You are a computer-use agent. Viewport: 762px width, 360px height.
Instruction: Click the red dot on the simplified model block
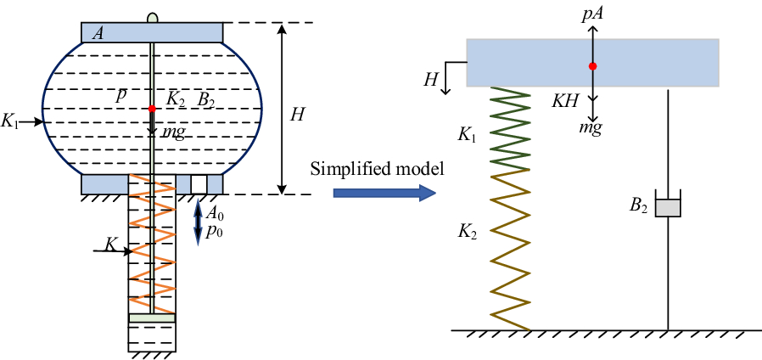[x=593, y=65]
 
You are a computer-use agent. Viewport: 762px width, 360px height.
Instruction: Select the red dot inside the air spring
[x=152, y=109]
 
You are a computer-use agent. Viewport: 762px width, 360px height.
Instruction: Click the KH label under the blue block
[x=566, y=100]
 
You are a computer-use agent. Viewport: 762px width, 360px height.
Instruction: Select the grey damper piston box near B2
[x=669, y=206]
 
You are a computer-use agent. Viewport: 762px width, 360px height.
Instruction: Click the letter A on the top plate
[x=99, y=33]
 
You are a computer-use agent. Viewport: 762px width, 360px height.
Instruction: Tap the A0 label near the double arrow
[x=216, y=213]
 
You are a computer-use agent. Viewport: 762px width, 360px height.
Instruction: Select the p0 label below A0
[x=216, y=231]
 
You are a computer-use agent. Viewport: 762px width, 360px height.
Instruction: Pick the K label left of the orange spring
[x=109, y=245]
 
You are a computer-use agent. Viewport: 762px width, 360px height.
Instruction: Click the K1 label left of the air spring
[x=10, y=121]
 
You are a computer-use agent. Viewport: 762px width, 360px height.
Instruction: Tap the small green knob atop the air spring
[x=153, y=17]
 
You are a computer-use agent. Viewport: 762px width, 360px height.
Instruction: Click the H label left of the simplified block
[x=431, y=79]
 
